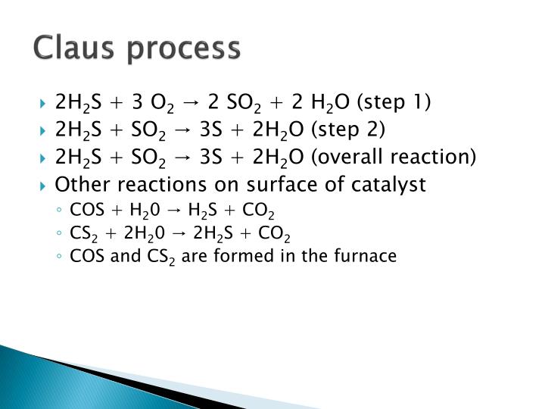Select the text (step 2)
(350, 130)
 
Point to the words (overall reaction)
(396, 157)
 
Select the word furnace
(368, 256)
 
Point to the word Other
(79, 184)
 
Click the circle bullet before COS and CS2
(60, 257)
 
